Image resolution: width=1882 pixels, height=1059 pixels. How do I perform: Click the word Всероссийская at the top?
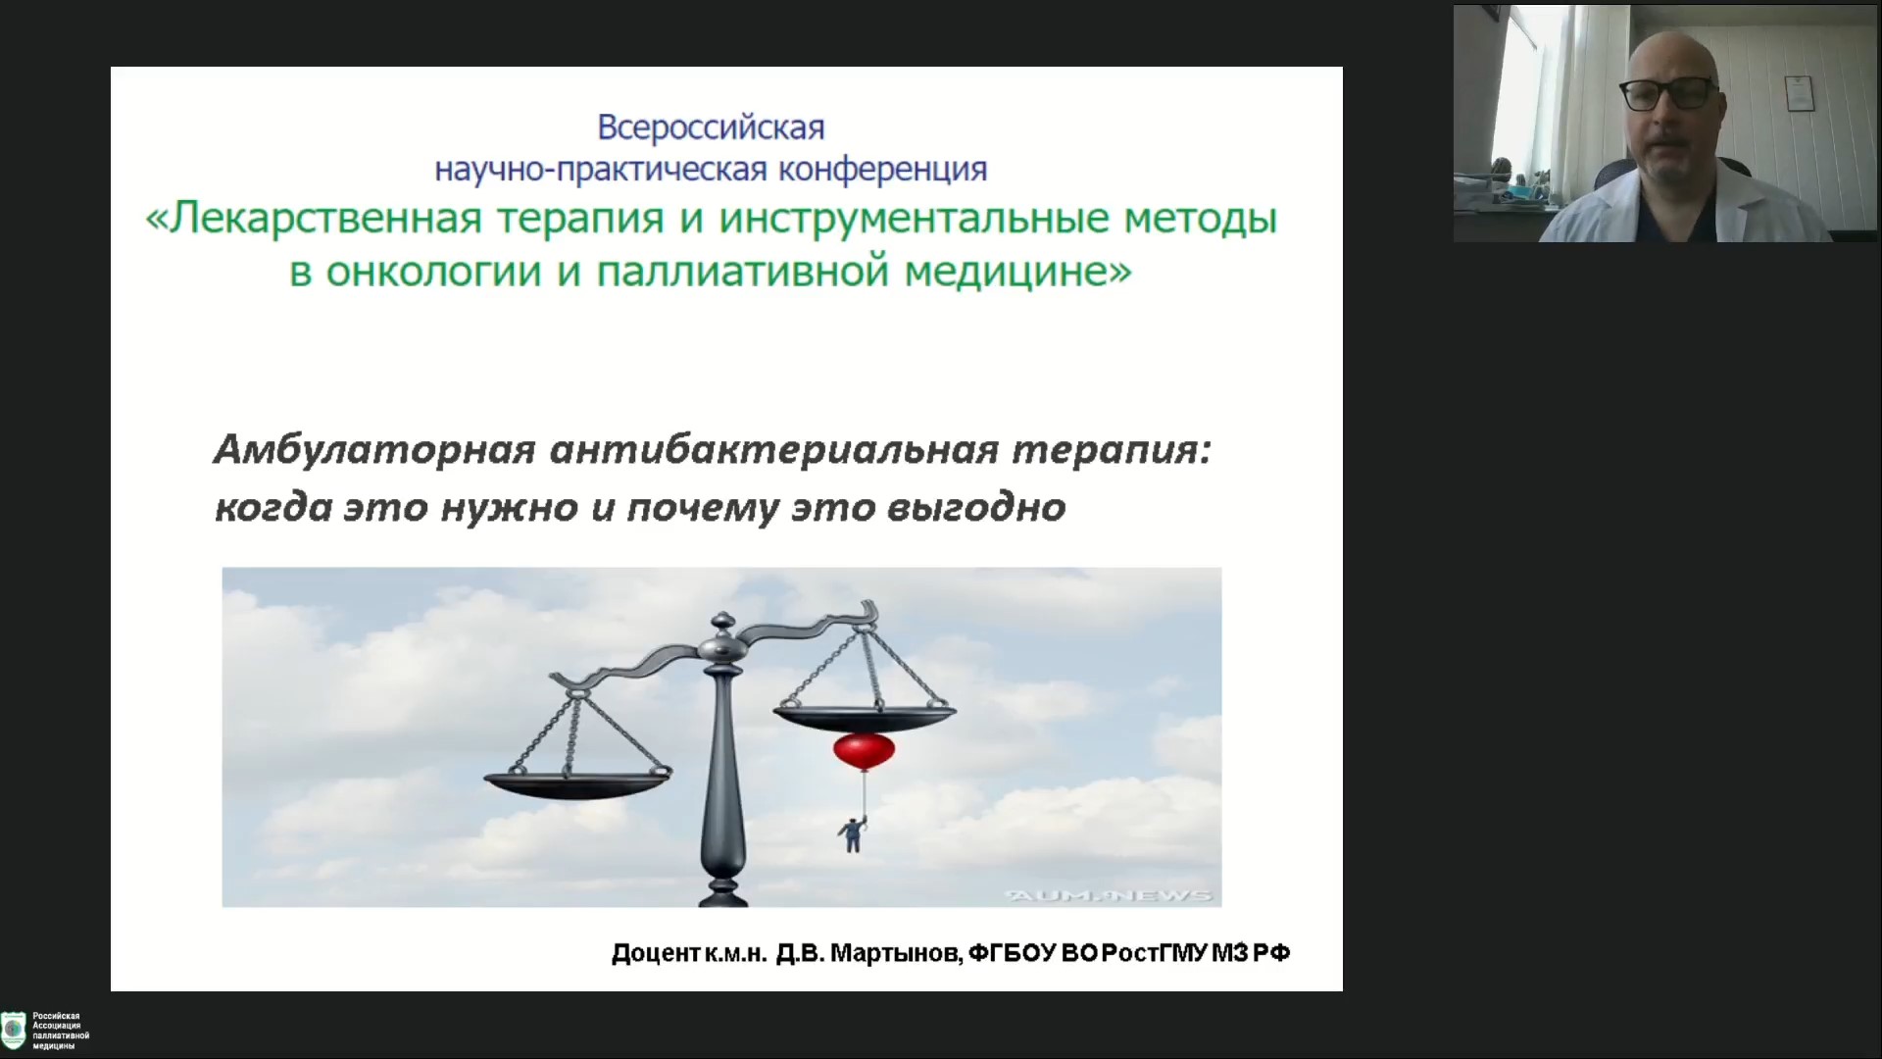[x=712, y=127]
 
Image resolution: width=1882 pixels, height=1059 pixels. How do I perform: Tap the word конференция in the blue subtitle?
[x=883, y=170]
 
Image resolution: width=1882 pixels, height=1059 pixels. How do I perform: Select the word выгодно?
[x=975, y=508]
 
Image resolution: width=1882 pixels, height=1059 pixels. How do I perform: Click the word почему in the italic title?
[x=702, y=509]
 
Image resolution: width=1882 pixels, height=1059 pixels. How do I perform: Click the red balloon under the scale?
[x=865, y=751]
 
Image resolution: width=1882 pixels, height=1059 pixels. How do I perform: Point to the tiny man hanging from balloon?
[x=852, y=833]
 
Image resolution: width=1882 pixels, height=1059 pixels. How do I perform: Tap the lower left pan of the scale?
[x=577, y=782]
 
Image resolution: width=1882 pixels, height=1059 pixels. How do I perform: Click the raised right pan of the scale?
[x=864, y=716]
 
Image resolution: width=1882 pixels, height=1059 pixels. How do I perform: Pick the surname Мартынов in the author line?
[x=897, y=953]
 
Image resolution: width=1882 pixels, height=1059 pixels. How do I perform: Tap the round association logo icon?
[x=13, y=1030]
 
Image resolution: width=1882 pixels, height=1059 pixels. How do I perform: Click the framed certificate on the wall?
[x=1800, y=92]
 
